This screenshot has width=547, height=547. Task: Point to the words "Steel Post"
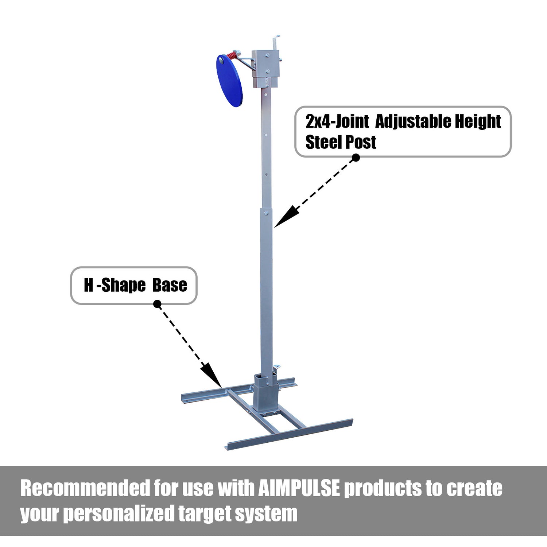(x=341, y=142)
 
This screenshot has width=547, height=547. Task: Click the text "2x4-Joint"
(x=337, y=121)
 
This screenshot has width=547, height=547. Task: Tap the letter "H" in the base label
(x=89, y=285)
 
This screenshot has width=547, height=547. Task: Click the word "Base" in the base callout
(x=170, y=285)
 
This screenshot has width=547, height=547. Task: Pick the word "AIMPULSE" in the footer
(x=299, y=488)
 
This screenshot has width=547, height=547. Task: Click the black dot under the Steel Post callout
(x=356, y=158)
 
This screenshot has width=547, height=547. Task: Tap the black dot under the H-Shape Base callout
(x=157, y=304)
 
